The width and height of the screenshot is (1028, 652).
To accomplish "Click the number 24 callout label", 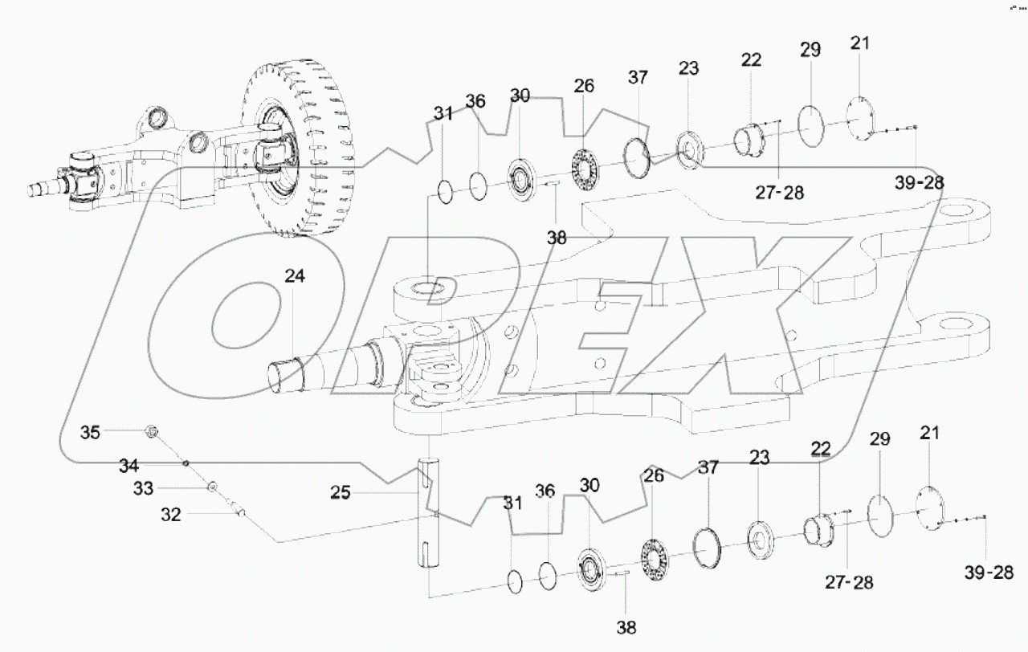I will [294, 277].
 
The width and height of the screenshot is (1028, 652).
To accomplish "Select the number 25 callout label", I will [341, 492].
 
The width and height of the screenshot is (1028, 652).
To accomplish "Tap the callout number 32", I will [170, 516].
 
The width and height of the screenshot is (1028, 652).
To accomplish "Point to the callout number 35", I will [91, 433].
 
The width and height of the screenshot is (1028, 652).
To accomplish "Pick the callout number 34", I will [129, 465].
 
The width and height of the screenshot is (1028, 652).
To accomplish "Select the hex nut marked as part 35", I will [150, 433].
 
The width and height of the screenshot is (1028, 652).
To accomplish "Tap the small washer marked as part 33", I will [213, 487].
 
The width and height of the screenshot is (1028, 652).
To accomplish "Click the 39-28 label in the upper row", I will [919, 183].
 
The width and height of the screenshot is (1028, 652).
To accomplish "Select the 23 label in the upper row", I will [688, 69].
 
